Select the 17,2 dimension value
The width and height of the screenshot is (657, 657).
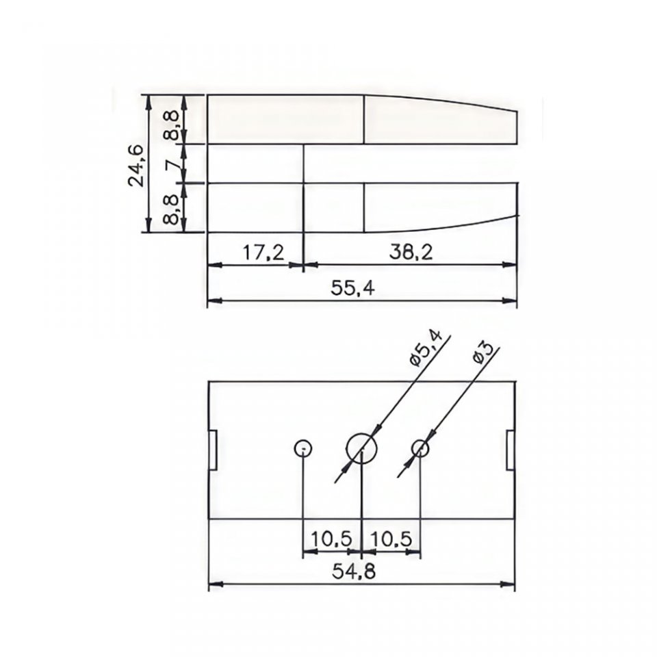263,253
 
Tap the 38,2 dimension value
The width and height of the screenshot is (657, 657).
411,253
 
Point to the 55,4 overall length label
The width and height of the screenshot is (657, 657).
352,288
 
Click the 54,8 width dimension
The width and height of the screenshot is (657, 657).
354,571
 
